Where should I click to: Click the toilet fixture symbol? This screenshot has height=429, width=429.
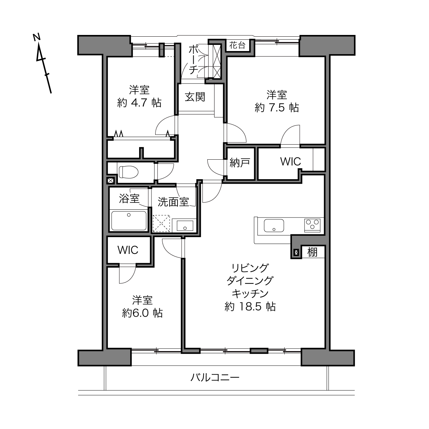coord(128,172)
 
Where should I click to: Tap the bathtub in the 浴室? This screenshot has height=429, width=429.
coord(129,220)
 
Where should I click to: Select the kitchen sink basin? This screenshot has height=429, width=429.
coord(274,225)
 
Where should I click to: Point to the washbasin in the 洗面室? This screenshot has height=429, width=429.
coord(185,226)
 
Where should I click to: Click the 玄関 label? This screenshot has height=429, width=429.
coord(195,97)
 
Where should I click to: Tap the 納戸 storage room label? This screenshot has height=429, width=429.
coord(240,163)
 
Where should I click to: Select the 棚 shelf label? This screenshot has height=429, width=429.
coord(312,252)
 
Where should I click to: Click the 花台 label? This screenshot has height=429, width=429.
coord(237,46)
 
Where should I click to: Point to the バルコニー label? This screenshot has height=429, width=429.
coord(215,378)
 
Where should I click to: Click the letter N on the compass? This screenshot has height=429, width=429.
coord(37,37)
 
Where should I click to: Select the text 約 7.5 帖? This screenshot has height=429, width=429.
coord(277,108)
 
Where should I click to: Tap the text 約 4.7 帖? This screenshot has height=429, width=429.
coord(139,103)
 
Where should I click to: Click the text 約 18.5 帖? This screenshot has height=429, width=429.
coord(250,307)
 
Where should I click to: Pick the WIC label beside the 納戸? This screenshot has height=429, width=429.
coord(291,162)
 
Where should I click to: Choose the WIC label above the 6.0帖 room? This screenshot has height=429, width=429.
coord(128,250)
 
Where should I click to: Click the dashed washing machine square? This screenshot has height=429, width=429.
coord(161,223)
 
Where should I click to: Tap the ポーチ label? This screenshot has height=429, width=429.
coord(193,60)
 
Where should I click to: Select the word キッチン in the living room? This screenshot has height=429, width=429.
coord(250,294)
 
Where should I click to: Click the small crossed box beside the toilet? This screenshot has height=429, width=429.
coord(111,181)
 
